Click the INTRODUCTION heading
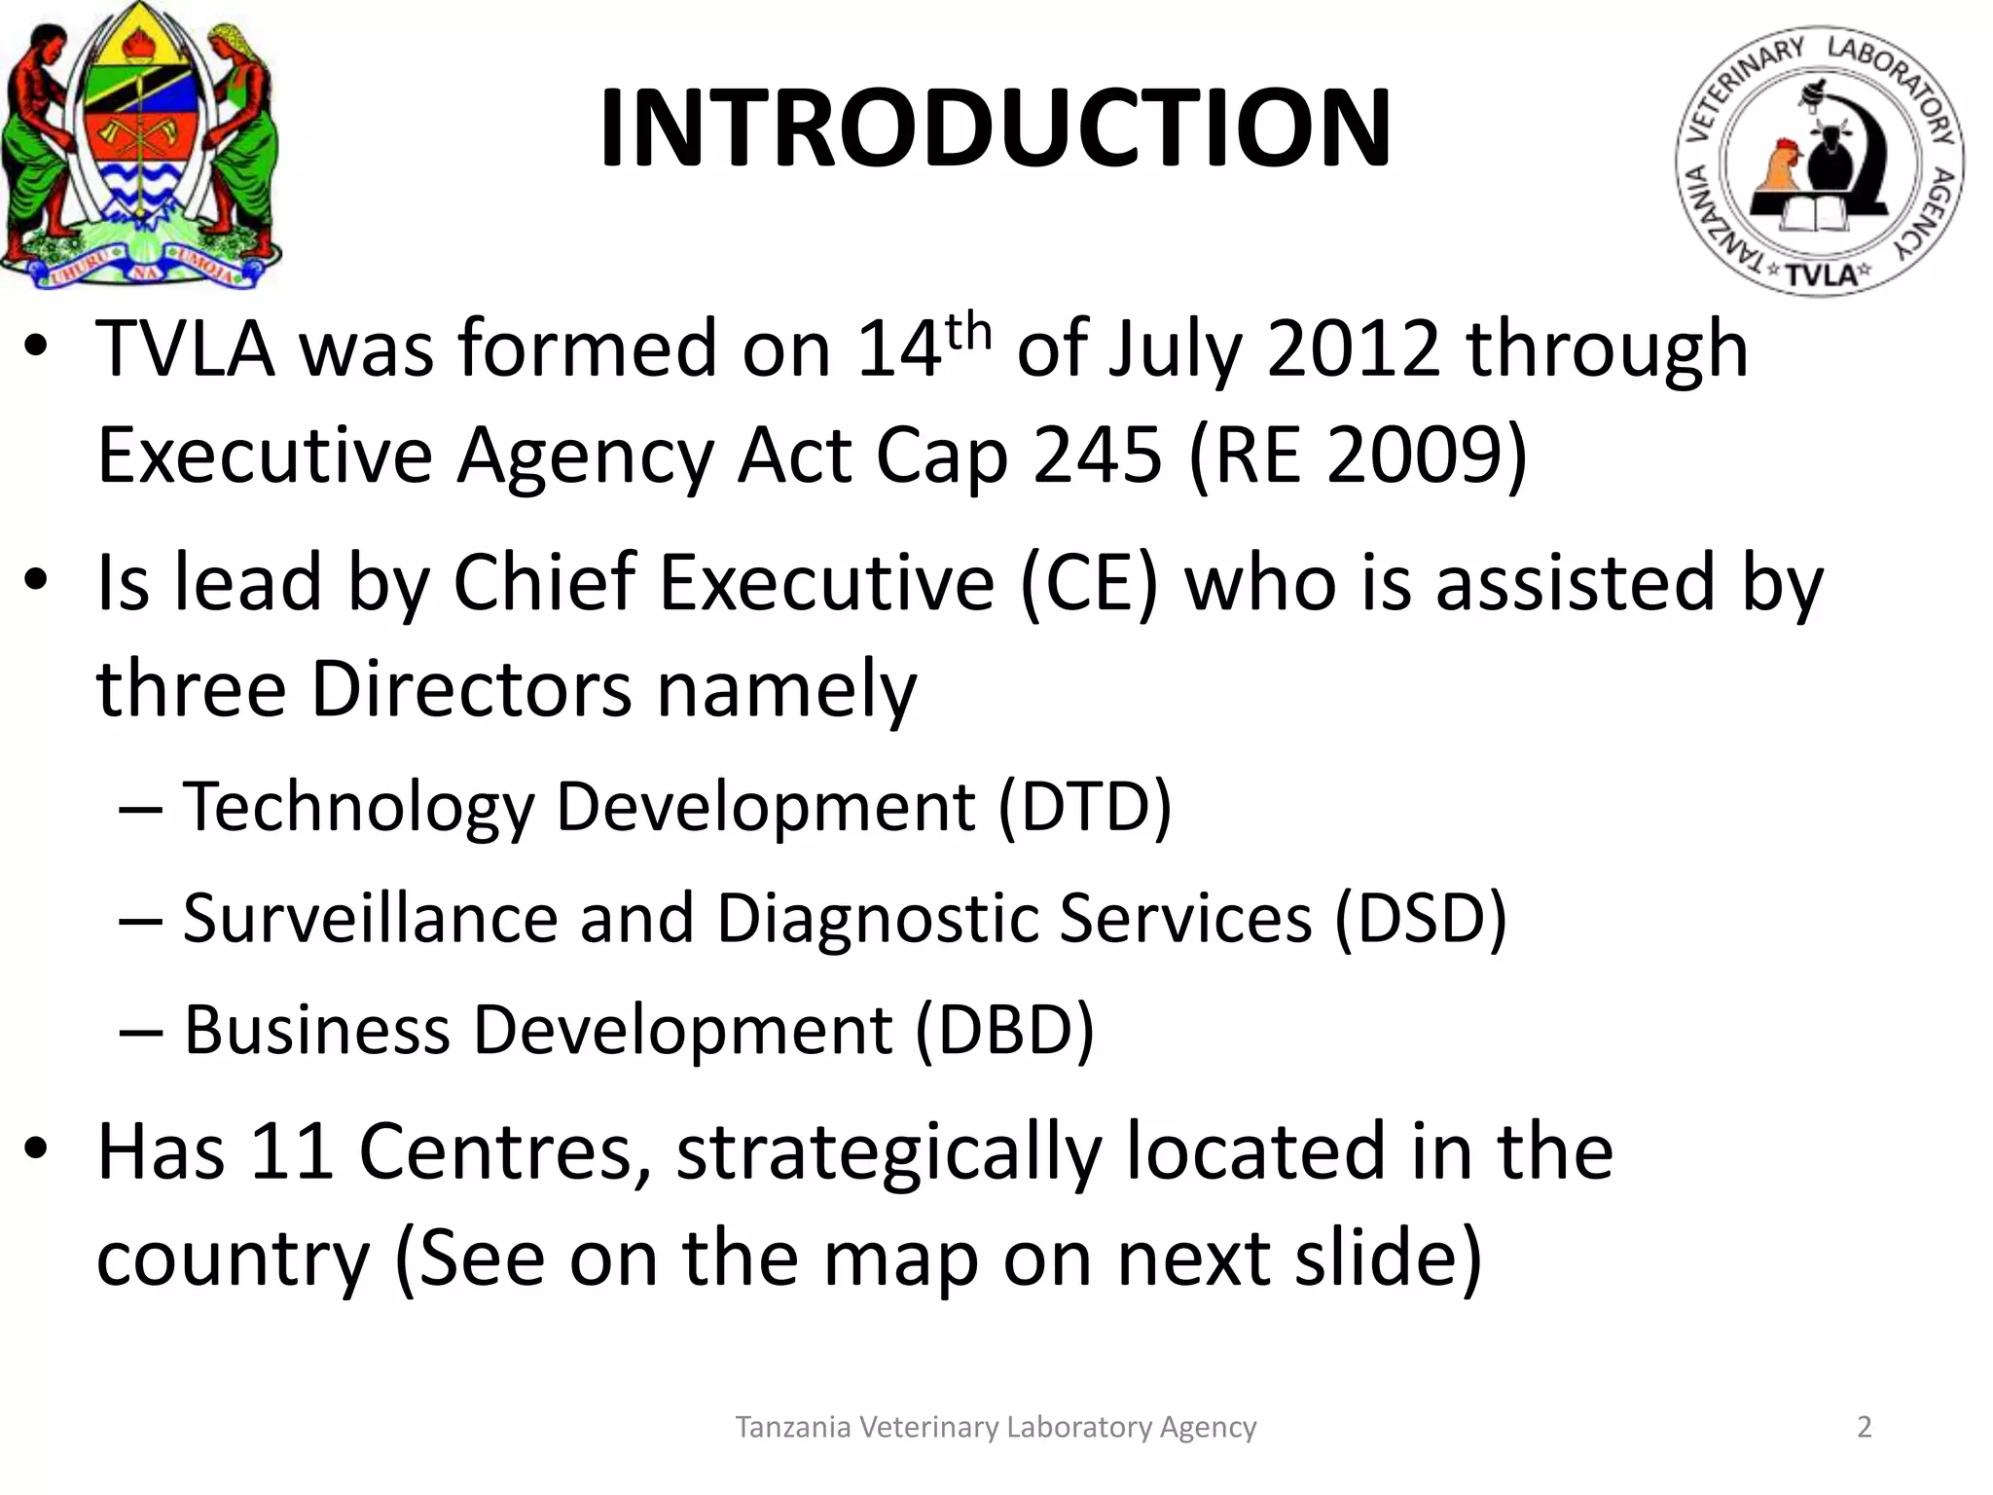(995, 128)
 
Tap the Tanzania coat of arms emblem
(141, 146)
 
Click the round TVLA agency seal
(1819, 161)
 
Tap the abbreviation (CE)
(1089, 583)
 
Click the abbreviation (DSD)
(1420, 918)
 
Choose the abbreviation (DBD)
(1004, 1030)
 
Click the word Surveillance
(370, 918)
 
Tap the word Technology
(358, 808)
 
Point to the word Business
(316, 1030)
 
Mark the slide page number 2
(1864, 1427)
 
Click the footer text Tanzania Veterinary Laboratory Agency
(996, 1427)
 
